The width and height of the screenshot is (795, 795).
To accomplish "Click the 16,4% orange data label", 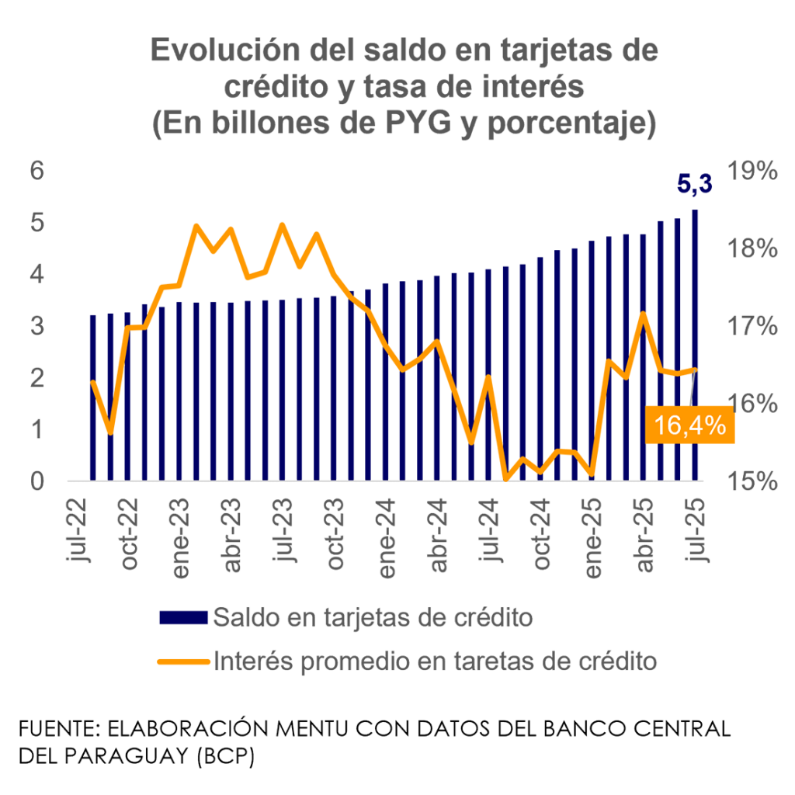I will point(689,425).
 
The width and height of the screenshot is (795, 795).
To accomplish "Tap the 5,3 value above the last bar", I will point(694,184).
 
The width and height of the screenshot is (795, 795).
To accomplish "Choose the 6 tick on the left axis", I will point(36,171).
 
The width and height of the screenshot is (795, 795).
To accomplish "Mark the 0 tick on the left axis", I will point(36,481).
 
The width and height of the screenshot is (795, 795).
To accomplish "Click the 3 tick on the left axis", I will point(36,326).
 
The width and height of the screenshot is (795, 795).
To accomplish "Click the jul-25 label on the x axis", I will point(696,536).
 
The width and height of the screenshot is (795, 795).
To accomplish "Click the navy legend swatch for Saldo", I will point(183,618).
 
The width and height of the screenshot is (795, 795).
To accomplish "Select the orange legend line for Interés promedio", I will point(183,661).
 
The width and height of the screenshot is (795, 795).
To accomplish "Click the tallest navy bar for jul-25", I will point(694,345).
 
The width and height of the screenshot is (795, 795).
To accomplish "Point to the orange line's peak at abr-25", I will point(643,314).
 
